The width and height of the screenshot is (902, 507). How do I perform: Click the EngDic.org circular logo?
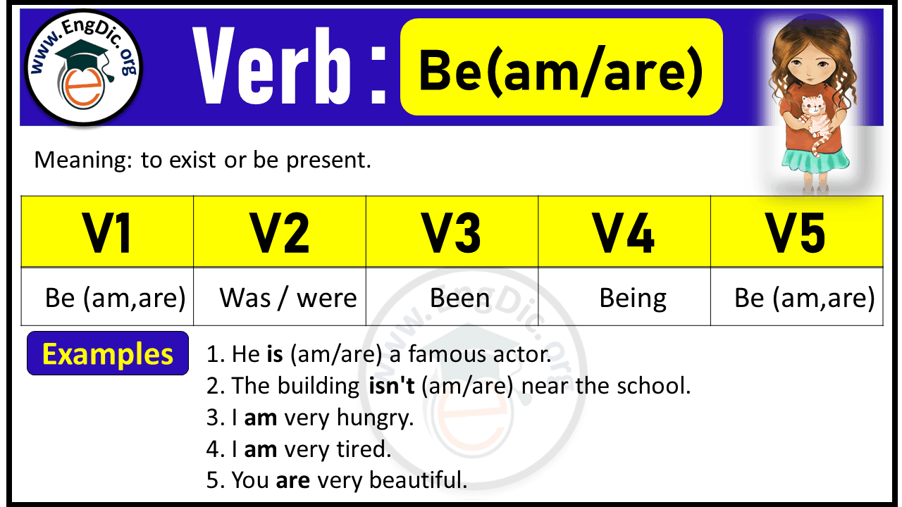tap(83, 70)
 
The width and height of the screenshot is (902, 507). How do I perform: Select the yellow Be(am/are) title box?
tap(561, 68)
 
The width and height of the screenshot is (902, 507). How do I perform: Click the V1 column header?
tap(107, 232)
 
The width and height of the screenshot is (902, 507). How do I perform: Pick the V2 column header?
tap(280, 232)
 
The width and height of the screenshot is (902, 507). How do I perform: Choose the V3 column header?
tap(452, 232)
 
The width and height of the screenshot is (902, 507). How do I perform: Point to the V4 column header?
tap(624, 232)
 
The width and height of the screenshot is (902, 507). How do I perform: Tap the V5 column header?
tap(796, 232)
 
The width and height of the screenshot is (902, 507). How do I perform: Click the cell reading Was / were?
tap(288, 298)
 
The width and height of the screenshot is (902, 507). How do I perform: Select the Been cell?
tap(459, 298)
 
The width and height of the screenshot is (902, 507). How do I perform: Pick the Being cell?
tap(633, 298)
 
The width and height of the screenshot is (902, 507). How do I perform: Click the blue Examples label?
tap(108, 353)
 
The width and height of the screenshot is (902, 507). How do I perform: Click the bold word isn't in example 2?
tap(392, 386)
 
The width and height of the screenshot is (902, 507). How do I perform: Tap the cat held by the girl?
tap(815, 116)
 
